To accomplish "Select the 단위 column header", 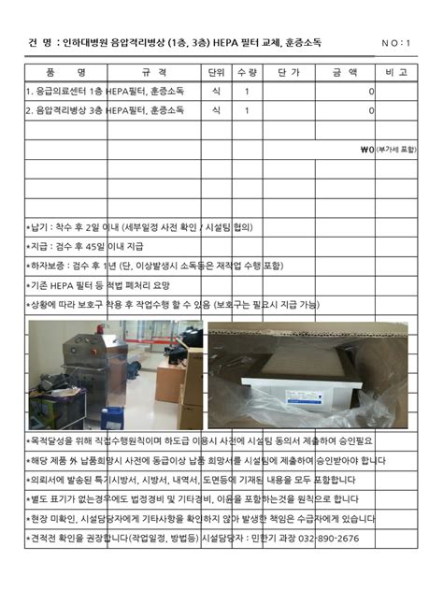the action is (216, 72).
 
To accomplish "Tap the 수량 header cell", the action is (247, 72).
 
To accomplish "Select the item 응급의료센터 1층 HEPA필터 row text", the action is (105, 92).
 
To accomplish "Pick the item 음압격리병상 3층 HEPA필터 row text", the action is (105, 110).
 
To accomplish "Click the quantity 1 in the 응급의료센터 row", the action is (247, 92).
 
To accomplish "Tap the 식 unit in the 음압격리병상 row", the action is (216, 110).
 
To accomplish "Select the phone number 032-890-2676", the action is (328, 538).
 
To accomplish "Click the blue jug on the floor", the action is (113, 415).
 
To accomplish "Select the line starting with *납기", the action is (142, 226).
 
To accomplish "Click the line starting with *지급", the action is (85, 247).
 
